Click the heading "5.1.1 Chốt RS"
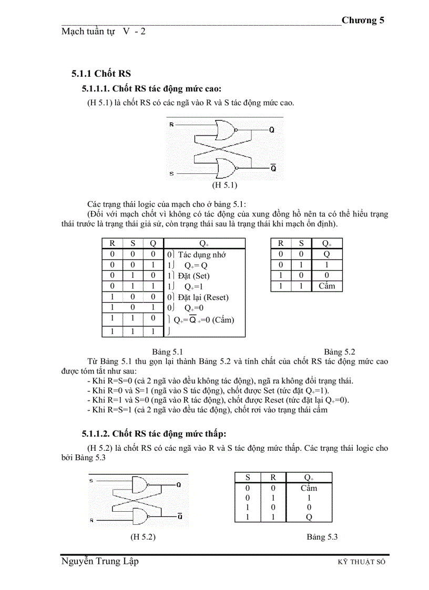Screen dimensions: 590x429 (x=101, y=73)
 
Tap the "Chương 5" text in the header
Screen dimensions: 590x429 (x=363, y=20)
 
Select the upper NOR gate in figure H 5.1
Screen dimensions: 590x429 (x=223, y=130)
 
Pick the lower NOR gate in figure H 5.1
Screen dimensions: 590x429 (x=223, y=168)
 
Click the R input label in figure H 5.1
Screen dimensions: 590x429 (x=171, y=125)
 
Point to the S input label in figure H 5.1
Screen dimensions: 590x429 (x=171, y=173)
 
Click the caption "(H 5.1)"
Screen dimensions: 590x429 (x=224, y=185)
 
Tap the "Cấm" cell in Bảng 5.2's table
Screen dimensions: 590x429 (x=326, y=286)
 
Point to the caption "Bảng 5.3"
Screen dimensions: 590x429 (x=322, y=536)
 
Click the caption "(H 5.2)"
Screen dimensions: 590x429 (x=143, y=536)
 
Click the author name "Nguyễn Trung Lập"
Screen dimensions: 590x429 (x=100, y=562)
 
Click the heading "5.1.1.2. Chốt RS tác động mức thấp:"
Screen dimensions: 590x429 (x=154, y=433)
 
